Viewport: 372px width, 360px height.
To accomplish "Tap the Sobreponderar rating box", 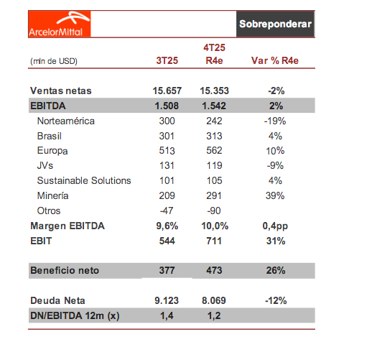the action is (x=275, y=24).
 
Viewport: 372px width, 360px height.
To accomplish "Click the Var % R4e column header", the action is (x=275, y=60).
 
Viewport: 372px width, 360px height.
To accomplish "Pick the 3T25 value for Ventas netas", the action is (x=167, y=91).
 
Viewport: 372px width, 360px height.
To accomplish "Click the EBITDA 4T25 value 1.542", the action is (x=213, y=106).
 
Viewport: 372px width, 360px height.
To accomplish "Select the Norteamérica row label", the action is (x=65, y=121).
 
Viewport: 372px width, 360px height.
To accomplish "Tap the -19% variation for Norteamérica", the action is (x=275, y=121).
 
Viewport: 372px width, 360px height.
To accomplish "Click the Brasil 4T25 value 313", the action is (x=213, y=137).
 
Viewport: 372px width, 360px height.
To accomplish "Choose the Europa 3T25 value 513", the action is (x=167, y=151).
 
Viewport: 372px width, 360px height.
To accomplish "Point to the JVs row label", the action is (x=45, y=166).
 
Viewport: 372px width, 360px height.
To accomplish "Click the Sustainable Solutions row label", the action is (x=84, y=180).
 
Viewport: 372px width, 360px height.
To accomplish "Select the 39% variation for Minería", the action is (x=275, y=195).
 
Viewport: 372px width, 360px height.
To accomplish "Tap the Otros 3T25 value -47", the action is (x=167, y=211).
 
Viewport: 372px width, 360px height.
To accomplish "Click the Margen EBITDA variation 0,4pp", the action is (x=275, y=226).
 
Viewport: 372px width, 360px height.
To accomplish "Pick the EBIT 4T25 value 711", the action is (x=213, y=241).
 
